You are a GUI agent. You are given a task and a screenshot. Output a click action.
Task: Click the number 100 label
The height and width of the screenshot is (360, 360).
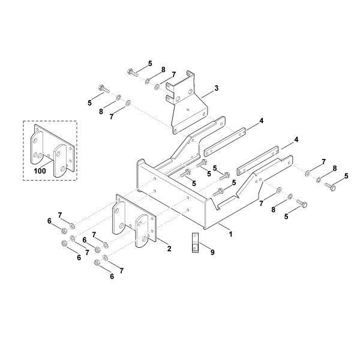pos(40,171)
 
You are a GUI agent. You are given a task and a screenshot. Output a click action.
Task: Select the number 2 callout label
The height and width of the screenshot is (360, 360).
pos(169,248)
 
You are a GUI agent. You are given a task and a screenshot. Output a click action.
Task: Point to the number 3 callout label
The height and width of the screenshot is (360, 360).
pos(216,88)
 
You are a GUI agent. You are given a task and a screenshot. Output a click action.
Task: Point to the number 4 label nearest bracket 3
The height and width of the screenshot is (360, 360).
pos(262,121)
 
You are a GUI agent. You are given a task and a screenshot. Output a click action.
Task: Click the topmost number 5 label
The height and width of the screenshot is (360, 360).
pos(150,64)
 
